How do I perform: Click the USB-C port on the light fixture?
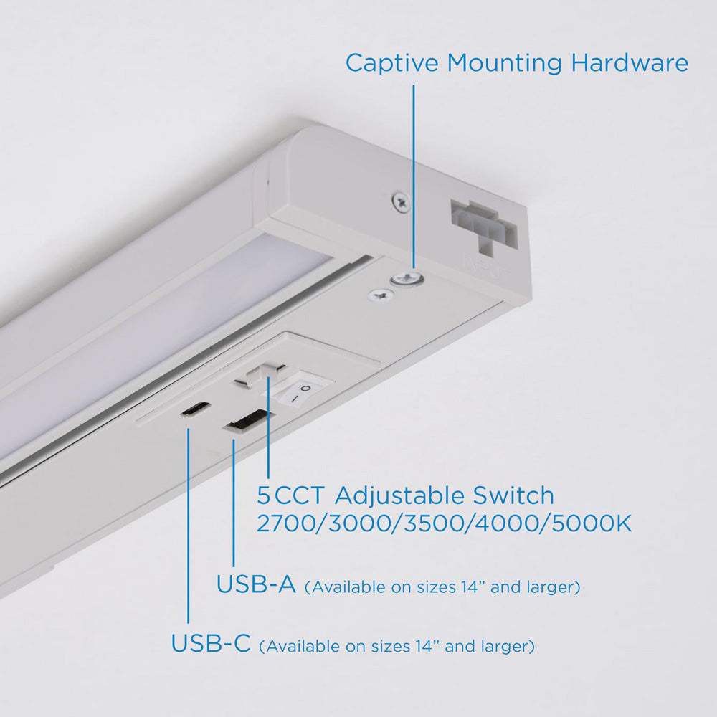click(196, 409)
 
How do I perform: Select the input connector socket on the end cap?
click(485, 225)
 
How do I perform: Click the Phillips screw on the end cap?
click(401, 201)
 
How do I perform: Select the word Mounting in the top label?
click(504, 62)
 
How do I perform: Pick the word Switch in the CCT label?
click(513, 495)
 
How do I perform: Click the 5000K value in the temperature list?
click(592, 523)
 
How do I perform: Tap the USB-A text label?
click(256, 584)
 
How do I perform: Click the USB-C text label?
click(211, 643)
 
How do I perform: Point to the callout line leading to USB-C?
click(188, 526)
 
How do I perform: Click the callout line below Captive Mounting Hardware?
click(414, 176)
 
